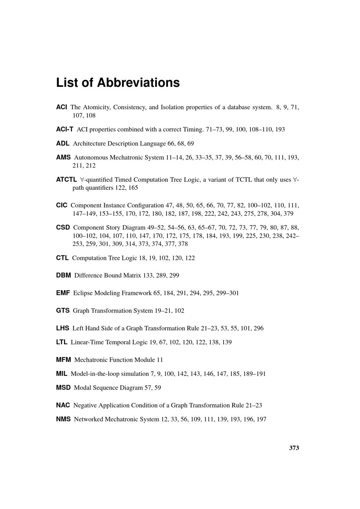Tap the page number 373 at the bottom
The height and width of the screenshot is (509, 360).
(x=294, y=448)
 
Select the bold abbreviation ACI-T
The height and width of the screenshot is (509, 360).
(x=65, y=129)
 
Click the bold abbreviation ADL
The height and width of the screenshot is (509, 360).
(x=63, y=143)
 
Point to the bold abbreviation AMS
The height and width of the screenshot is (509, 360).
(x=63, y=157)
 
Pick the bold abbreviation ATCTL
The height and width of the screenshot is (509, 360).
(x=67, y=179)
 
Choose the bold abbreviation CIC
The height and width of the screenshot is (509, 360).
(x=62, y=205)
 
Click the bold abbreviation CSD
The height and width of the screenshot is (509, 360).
(x=63, y=228)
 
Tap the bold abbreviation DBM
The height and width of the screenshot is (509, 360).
(x=63, y=275)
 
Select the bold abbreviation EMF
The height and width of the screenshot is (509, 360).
(x=63, y=293)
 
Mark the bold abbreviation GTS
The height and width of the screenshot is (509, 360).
(x=63, y=311)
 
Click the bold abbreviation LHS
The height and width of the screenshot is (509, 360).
(x=63, y=328)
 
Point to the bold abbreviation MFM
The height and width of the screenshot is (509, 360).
(x=63, y=360)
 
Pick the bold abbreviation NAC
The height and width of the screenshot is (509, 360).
(x=63, y=405)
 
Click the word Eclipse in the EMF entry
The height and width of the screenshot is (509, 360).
(x=83, y=293)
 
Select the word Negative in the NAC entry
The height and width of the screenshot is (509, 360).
(x=85, y=405)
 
